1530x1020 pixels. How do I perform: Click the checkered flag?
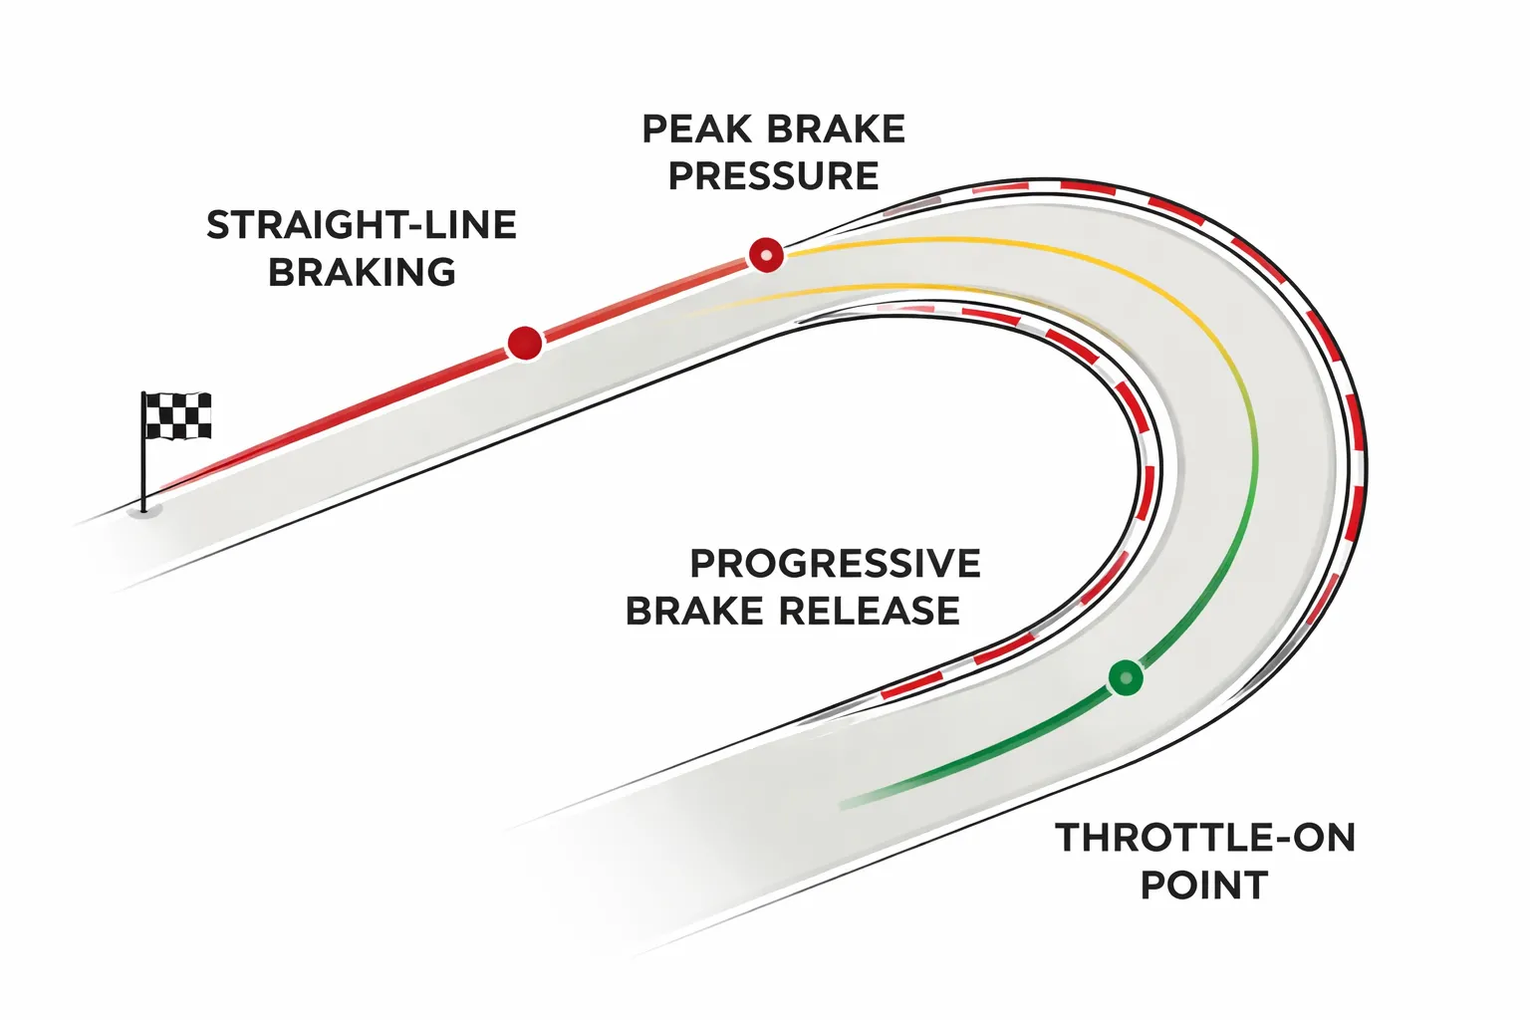[x=178, y=415]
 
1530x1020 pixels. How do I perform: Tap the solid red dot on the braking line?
[x=524, y=343]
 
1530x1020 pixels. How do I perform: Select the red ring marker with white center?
[x=766, y=255]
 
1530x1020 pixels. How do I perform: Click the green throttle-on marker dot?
[x=1126, y=677]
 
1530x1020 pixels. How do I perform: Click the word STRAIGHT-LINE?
[x=362, y=225]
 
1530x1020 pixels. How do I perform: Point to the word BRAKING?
[x=362, y=272]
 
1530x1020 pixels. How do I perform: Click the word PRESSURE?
[x=773, y=176]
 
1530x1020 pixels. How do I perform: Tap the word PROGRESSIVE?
[x=835, y=564]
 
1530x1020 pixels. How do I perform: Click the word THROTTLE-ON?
[x=1205, y=838]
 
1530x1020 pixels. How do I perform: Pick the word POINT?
[x=1203, y=885]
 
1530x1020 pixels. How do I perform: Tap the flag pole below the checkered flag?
[x=144, y=473]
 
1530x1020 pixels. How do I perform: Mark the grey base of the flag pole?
[x=145, y=511]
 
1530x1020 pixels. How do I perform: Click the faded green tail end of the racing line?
[x=857, y=800]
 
